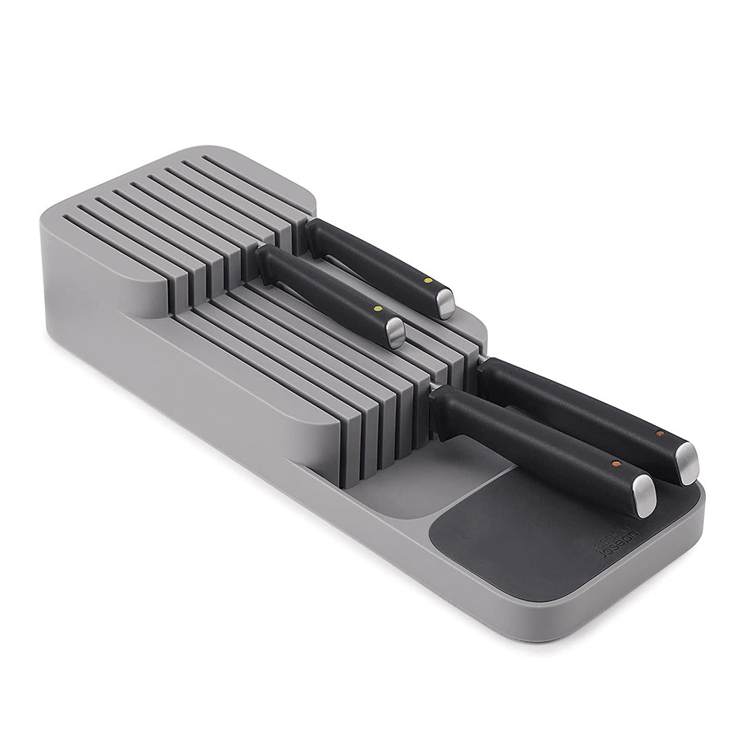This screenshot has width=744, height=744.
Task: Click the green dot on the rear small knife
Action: [x=426, y=280]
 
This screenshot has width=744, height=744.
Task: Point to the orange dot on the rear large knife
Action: [x=660, y=433]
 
